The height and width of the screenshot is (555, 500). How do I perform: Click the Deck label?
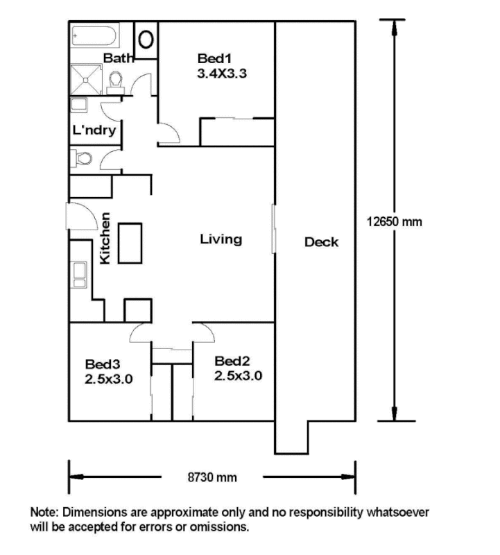(321, 242)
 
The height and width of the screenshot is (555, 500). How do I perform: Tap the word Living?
(221, 239)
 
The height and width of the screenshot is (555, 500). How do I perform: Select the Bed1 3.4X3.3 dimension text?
(222, 74)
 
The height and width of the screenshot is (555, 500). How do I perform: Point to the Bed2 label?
(232, 361)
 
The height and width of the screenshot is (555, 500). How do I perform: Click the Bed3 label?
(103, 364)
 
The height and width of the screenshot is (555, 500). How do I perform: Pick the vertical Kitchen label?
(105, 238)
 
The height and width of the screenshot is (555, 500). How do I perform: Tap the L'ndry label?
(94, 130)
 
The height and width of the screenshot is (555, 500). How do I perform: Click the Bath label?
(119, 58)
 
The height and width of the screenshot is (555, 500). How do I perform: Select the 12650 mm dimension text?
(394, 222)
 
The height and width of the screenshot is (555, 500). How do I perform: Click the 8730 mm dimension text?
(212, 477)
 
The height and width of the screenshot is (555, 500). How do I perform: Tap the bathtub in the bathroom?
(94, 35)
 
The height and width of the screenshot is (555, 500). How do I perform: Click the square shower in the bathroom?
(86, 79)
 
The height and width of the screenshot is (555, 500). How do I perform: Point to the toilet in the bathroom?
(115, 83)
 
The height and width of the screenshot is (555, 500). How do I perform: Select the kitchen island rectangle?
(130, 244)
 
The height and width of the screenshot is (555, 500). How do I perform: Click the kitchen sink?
(78, 275)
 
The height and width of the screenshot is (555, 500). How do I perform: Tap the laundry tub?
(78, 105)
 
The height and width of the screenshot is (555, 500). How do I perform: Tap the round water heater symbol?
(146, 40)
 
